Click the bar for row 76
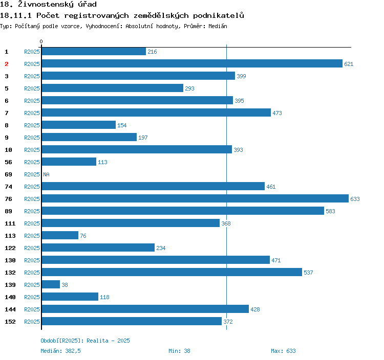click(195, 198)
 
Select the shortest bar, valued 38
click(51, 284)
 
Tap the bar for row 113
click(60, 235)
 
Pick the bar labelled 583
click(182, 211)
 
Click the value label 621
click(349, 64)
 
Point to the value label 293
click(189, 88)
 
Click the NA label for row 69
click(46, 174)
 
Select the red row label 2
click(7, 64)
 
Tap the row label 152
click(10, 322)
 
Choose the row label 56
click(8, 162)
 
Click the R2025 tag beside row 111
click(32, 223)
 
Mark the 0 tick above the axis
click(41, 41)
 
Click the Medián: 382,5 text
click(60, 351)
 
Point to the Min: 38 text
click(179, 351)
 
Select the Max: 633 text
click(283, 351)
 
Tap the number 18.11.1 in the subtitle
click(17, 15)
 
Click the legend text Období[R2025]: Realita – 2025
click(85, 341)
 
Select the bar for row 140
click(70, 297)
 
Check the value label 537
click(308, 273)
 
